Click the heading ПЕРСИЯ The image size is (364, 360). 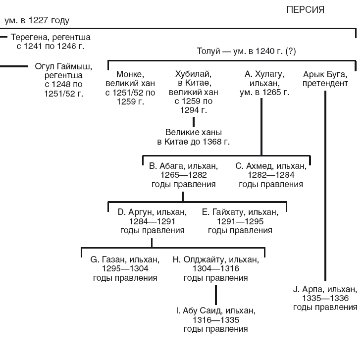(x=306, y=10)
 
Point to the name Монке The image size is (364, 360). (x=129, y=74)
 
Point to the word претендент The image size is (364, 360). (x=325, y=83)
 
